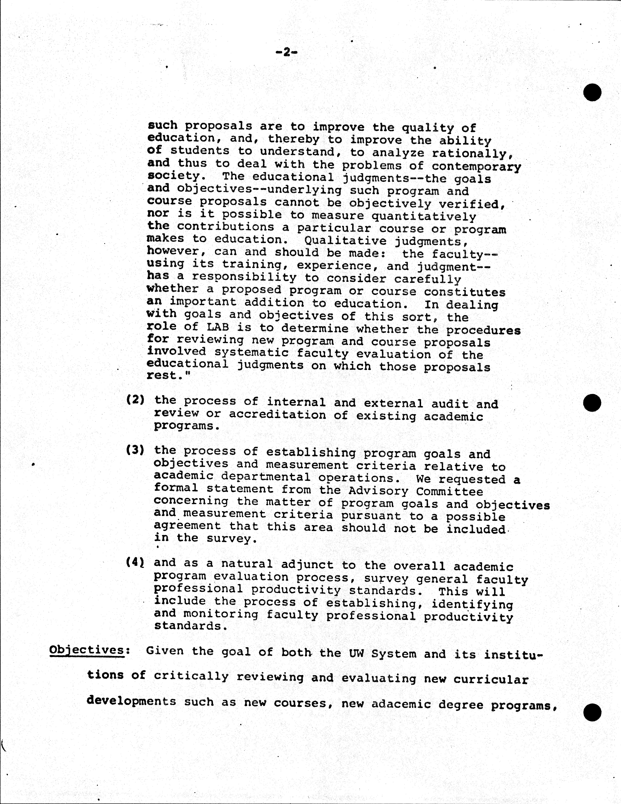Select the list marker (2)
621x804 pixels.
point(135,400)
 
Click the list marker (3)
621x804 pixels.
point(135,450)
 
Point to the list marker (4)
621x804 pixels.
point(135,562)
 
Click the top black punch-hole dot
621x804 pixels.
point(592,92)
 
